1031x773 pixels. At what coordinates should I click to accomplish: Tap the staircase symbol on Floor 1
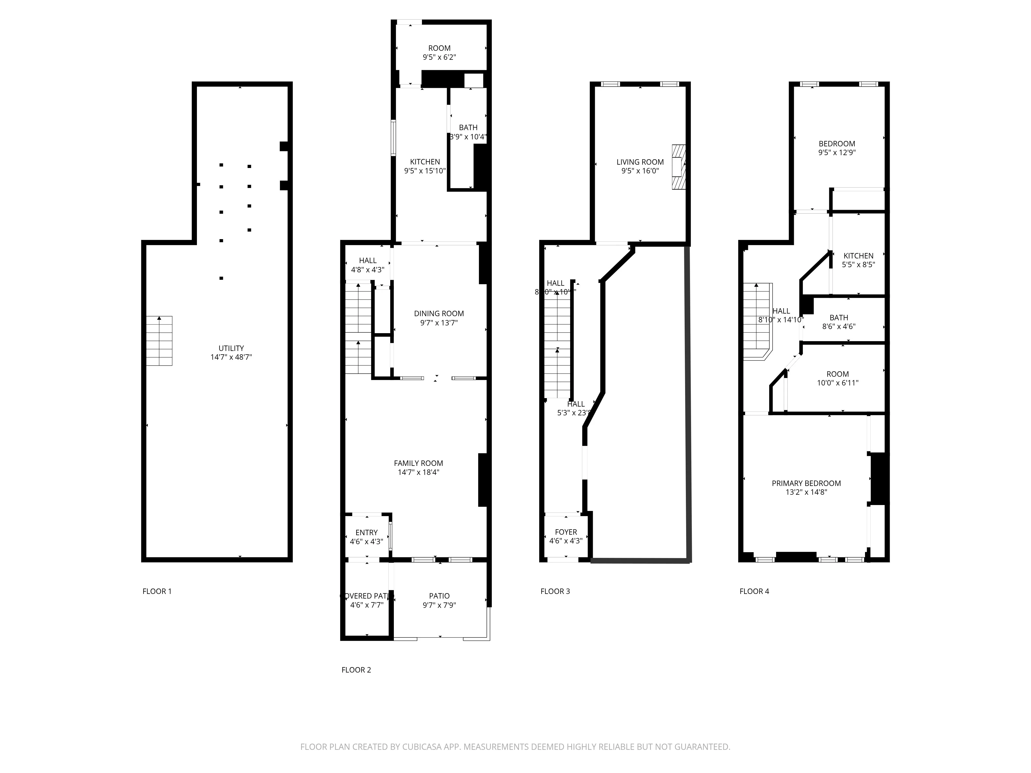coord(159,341)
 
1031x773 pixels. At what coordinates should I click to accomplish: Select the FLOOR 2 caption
coord(356,670)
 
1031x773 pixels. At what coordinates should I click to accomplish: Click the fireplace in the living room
coord(678,167)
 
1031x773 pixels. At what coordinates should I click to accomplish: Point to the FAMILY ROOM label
coord(418,463)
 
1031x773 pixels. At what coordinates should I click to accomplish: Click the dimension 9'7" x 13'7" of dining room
coord(439,322)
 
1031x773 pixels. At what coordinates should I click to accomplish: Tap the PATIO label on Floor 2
coord(439,596)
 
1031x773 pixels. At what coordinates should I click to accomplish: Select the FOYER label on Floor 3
coord(566,532)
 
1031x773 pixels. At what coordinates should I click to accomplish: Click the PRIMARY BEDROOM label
coord(806,483)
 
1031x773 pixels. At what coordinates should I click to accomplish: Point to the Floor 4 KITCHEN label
coord(858,256)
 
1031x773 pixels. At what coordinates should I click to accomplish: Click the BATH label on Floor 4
coord(838,318)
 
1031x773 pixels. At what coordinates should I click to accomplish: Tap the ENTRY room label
coord(366,533)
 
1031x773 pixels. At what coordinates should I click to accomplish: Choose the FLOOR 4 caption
coord(754,591)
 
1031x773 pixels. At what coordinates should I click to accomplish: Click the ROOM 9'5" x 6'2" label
coord(439,48)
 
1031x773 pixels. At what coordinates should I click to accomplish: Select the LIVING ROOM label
coord(640,162)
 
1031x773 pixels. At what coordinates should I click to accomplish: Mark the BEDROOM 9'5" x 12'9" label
coord(837,144)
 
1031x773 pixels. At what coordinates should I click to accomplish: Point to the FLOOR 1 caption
coord(157,591)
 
